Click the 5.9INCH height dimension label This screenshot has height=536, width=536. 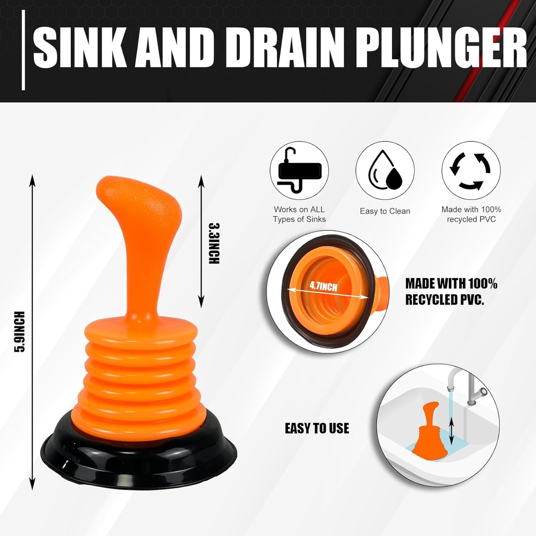20,332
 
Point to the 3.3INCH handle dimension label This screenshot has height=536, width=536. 214,243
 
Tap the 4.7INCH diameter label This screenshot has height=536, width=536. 323,286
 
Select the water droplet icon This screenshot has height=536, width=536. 385,171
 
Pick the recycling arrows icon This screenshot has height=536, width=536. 471,171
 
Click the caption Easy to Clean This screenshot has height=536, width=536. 385,211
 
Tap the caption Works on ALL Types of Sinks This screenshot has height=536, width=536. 299,215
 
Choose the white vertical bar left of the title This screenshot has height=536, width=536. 24,50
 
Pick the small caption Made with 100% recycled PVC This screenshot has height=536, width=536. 471,215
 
